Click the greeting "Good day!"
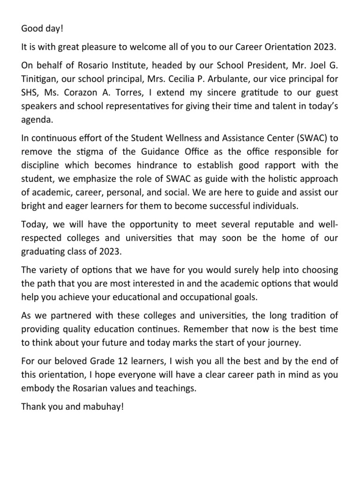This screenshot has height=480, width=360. click(42, 29)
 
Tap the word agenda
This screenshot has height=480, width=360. click(37, 119)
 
